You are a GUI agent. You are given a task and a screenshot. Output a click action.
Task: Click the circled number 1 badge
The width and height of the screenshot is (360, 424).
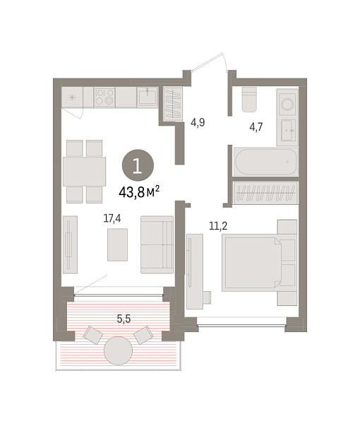click(x=136, y=167)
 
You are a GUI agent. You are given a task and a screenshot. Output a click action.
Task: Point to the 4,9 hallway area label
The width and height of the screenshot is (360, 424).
click(x=198, y=122)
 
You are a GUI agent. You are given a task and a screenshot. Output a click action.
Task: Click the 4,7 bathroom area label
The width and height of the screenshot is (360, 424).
click(x=256, y=128)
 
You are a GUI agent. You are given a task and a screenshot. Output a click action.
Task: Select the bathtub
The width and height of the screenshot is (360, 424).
click(x=263, y=163)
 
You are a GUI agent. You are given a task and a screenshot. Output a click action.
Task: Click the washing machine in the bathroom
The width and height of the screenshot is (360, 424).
click(x=288, y=104)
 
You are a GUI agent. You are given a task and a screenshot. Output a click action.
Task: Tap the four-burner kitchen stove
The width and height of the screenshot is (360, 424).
click(x=104, y=97)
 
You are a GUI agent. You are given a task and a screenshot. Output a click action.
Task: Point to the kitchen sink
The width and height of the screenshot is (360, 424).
click(x=147, y=97)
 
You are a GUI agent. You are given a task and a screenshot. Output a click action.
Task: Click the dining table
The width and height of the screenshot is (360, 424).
click(x=84, y=171)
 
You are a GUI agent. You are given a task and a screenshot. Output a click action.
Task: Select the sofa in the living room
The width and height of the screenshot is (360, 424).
click(x=157, y=245)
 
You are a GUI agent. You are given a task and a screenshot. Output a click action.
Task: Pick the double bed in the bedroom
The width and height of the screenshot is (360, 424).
click(x=253, y=262)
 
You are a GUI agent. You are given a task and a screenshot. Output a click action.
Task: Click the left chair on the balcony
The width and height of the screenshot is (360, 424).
click(x=92, y=334)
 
